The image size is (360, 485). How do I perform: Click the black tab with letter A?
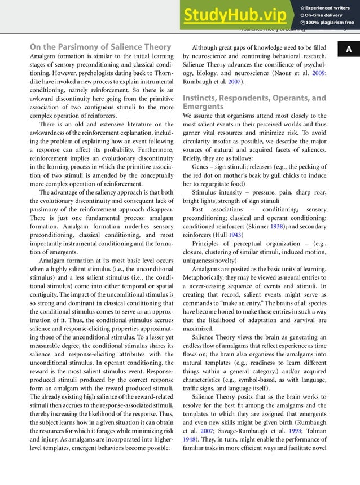[349, 50]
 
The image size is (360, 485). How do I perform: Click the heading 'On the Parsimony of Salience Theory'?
[100, 46]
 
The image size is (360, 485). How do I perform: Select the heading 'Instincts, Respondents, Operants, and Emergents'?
[254, 102]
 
